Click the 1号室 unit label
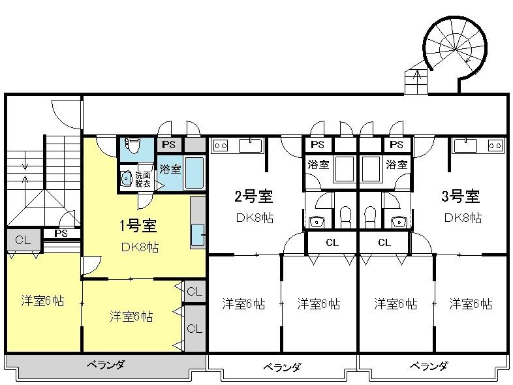tap(138, 225)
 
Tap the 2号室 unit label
tap(253, 196)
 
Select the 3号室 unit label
tap(461, 196)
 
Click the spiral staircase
tap(456, 49)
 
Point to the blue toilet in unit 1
tap(133, 146)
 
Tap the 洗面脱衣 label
tap(143, 179)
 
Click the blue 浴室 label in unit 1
tap(170, 169)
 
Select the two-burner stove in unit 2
tap(220, 146)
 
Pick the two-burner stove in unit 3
tap(495, 146)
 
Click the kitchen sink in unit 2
tap(251, 146)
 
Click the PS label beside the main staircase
tap(61, 234)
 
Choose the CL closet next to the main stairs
tap(23, 240)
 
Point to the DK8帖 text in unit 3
tap(463, 218)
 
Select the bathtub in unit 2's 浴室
tap(343, 169)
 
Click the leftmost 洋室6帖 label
tap(42, 301)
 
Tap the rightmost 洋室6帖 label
tap(471, 304)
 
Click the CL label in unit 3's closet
tap(384, 243)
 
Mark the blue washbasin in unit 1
tap(126, 179)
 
